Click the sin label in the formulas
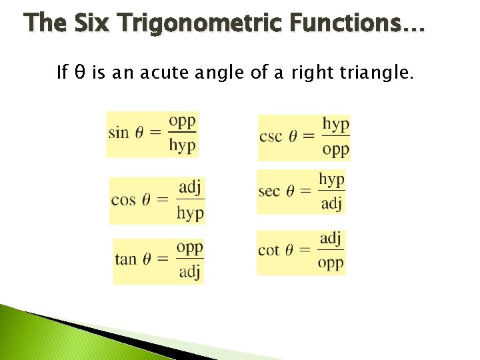[118, 132]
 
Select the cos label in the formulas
[123, 199]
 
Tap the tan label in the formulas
[125, 259]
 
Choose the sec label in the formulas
[269, 191]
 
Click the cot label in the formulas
[269, 251]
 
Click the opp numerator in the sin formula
[182, 121]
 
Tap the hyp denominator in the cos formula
[190, 213]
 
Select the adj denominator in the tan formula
[189, 272]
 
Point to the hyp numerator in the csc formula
[336, 125]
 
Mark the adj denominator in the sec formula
[331, 203]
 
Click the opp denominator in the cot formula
[331, 263]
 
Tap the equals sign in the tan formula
[162, 259]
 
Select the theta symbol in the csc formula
[291, 137]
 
